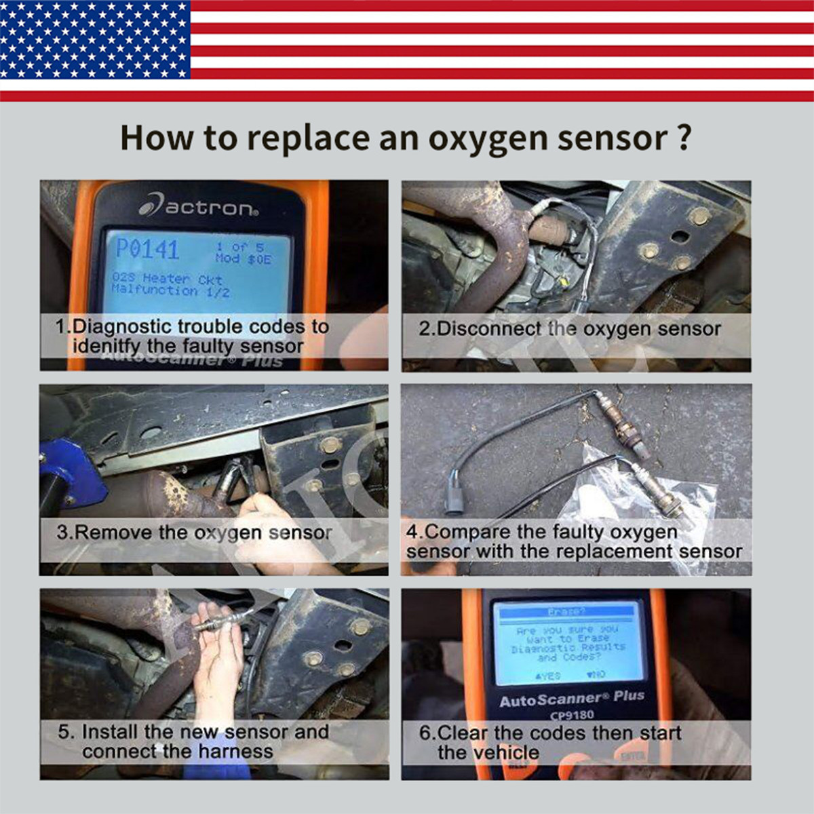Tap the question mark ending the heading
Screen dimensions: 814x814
[684, 137]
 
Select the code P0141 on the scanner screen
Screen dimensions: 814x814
[147, 249]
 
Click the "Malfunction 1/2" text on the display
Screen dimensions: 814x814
[170, 291]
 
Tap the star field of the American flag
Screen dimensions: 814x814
[95, 39]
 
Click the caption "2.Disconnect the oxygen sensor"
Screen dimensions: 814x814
[569, 329]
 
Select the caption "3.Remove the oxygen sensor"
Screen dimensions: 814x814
[194, 532]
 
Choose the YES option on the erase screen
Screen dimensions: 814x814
[548, 676]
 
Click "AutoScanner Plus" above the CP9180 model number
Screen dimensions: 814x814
[571, 698]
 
